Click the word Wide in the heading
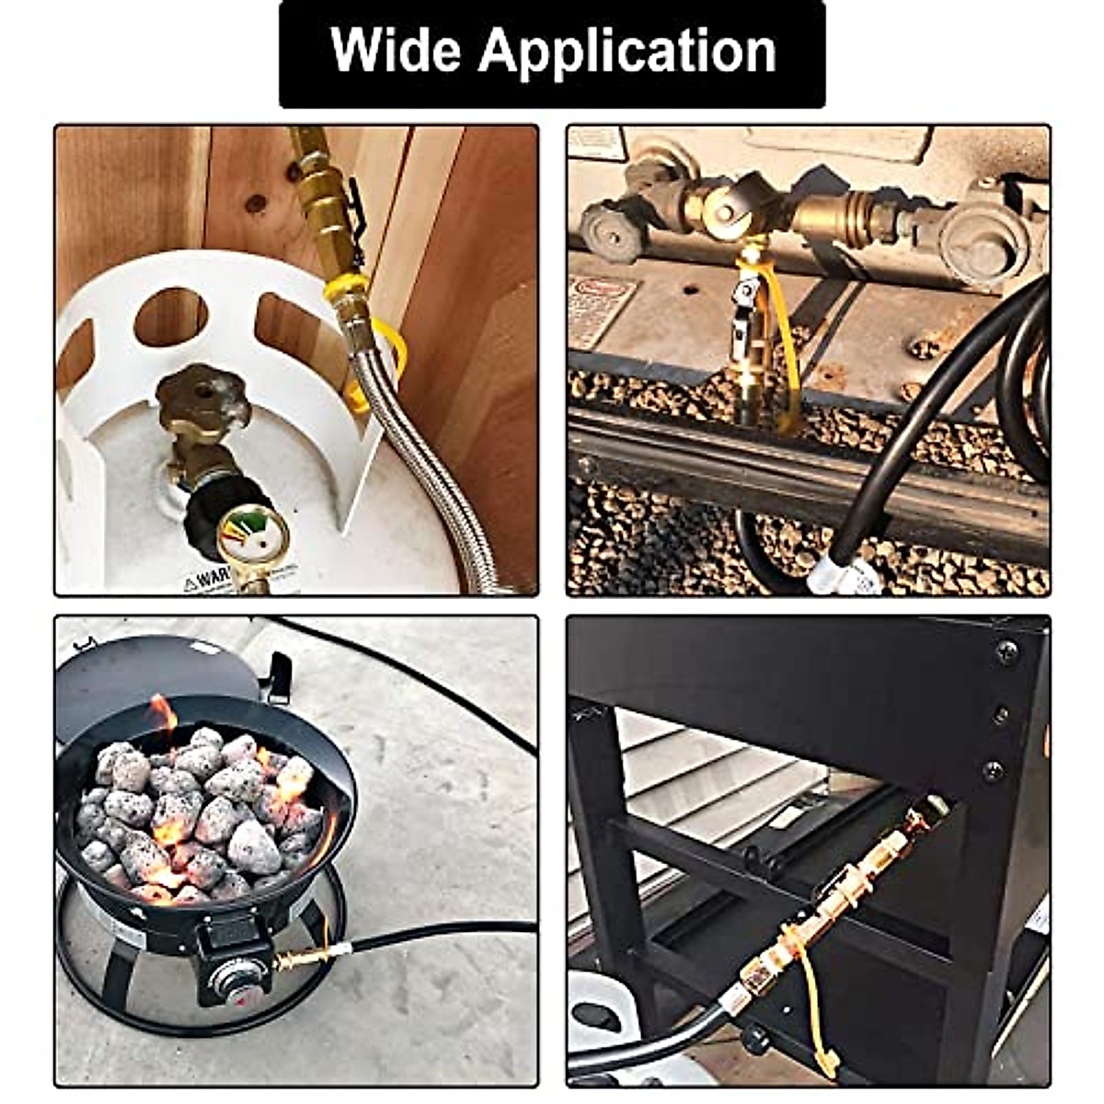pos(394,51)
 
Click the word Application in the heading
pos(627,52)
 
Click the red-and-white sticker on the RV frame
pos(603,308)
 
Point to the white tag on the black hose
pos(842,575)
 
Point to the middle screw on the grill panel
pos(1001,713)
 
